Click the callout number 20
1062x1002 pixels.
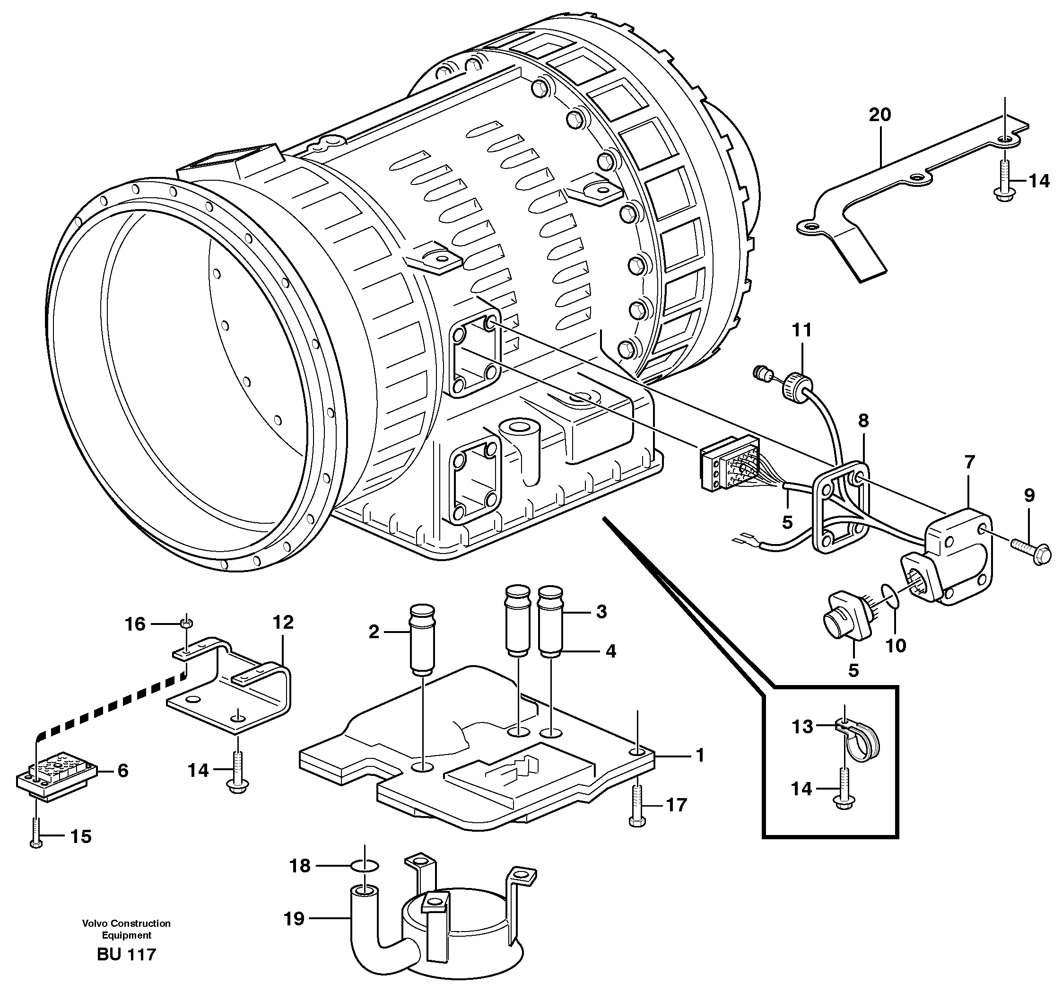click(x=880, y=114)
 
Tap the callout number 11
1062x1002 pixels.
click(x=801, y=330)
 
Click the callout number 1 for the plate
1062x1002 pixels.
click(x=700, y=755)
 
